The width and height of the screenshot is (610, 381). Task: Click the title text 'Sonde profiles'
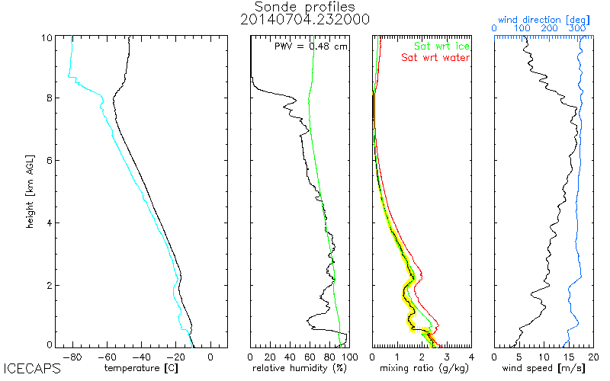click(x=305, y=6)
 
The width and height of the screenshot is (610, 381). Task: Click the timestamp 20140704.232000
click(x=305, y=20)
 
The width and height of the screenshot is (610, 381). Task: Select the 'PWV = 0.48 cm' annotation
click(x=310, y=46)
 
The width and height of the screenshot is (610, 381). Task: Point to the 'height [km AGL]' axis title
click(x=28, y=190)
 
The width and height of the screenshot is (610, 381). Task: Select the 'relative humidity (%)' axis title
click(x=300, y=369)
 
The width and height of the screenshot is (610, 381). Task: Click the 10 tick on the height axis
click(x=47, y=38)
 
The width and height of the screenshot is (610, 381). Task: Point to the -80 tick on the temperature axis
click(x=73, y=356)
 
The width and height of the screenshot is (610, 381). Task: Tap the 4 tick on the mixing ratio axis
click(x=470, y=356)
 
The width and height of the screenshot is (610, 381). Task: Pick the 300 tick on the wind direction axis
click(x=577, y=28)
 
